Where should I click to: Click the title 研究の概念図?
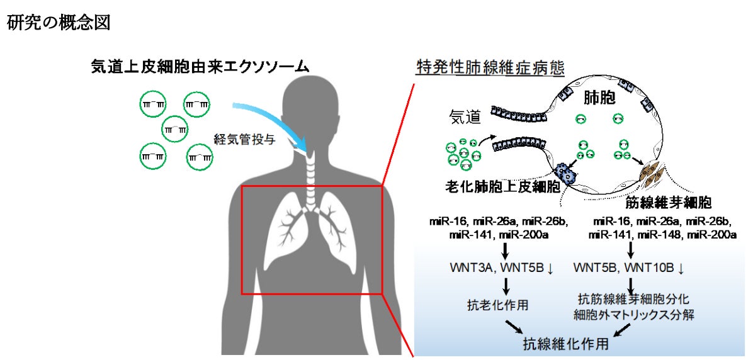point(59,23)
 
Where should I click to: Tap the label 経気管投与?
point(244,140)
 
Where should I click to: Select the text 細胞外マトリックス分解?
point(635,315)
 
